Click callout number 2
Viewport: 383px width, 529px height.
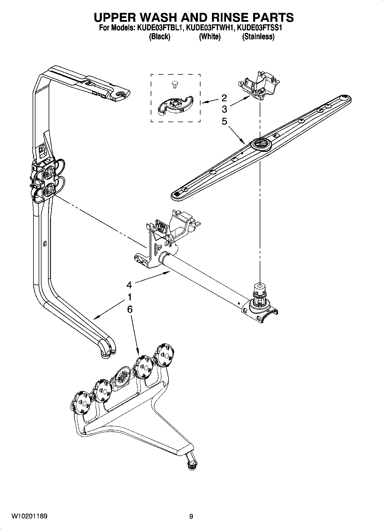224,98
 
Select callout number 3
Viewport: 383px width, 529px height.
224,109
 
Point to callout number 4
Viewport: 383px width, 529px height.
129,285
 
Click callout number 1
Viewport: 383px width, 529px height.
129,297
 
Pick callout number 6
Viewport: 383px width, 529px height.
129,309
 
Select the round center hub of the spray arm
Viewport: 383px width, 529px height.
260,143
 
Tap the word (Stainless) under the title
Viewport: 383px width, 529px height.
258,37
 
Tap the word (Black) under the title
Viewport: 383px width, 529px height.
160,37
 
